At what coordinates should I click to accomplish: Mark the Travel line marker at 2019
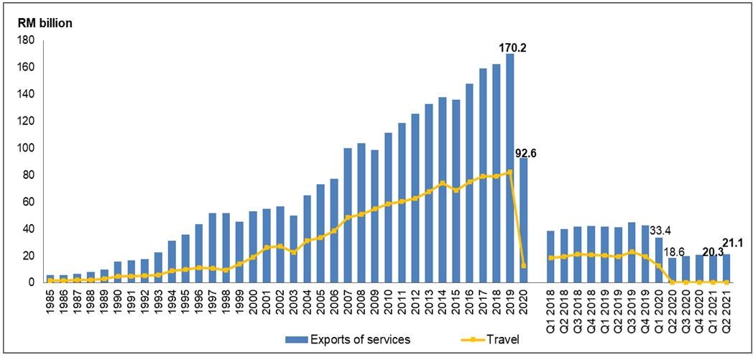coord(509,172)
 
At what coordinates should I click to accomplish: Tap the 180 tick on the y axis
coord(27,40)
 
